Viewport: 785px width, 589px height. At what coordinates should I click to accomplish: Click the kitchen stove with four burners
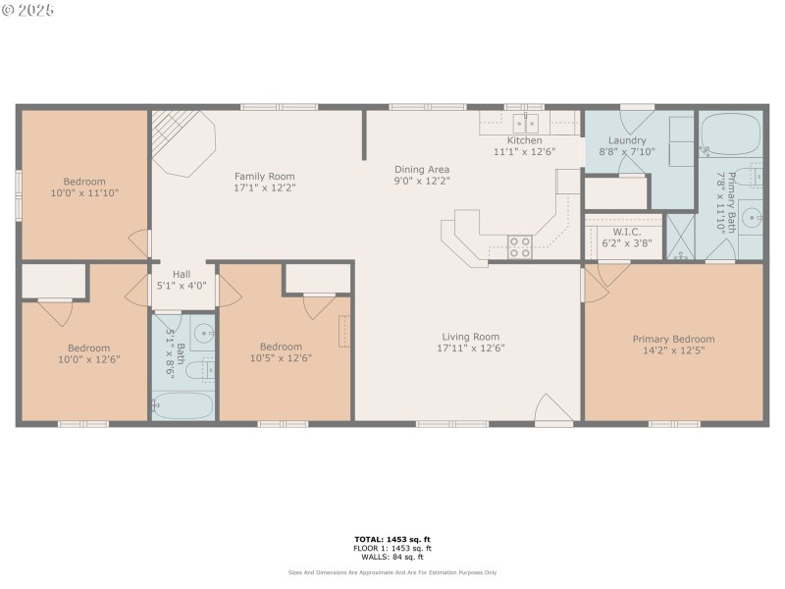tap(519, 246)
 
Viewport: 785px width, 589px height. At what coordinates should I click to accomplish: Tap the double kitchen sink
tap(527, 124)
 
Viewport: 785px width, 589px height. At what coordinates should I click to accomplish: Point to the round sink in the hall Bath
tap(203, 333)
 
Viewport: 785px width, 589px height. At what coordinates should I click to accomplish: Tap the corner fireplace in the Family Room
tap(183, 141)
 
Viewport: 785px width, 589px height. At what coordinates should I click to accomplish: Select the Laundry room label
tap(627, 140)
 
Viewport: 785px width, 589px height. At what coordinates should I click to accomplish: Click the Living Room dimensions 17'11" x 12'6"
tap(471, 348)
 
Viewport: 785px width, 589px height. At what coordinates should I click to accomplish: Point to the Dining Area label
tap(422, 169)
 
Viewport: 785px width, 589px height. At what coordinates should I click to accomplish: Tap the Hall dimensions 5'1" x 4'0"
tap(182, 287)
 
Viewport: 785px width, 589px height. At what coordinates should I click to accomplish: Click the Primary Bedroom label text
tap(673, 339)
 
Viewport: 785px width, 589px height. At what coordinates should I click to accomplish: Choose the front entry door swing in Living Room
tap(551, 410)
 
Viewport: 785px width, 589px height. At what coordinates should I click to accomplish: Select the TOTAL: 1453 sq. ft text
tap(392, 539)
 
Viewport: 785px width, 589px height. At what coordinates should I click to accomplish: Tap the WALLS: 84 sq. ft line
tap(392, 557)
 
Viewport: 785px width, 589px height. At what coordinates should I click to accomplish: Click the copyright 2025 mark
tap(28, 10)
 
